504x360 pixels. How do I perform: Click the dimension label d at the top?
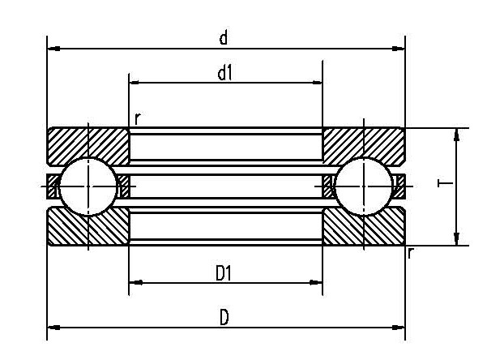tap(224, 37)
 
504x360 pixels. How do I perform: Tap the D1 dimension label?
tap(224, 273)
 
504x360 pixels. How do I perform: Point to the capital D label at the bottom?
tap(224, 317)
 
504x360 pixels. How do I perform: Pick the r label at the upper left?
tap(137, 119)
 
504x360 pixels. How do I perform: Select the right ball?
tap(364, 186)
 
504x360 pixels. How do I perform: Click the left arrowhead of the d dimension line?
tap(53, 49)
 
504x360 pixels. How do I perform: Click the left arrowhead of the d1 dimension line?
tap(135, 83)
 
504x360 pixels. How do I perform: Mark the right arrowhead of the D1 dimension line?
tap(317, 282)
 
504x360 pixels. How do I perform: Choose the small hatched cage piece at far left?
tap(53, 186)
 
